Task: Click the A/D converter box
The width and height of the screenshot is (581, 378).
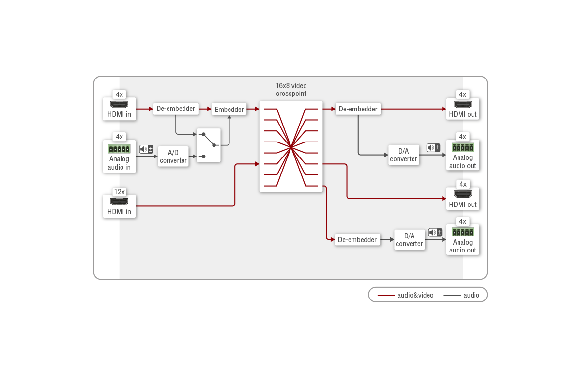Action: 173,156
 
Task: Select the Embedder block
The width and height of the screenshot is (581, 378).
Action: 229,109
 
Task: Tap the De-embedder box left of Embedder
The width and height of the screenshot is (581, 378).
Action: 176,109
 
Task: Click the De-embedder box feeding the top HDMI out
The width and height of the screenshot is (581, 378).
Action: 358,109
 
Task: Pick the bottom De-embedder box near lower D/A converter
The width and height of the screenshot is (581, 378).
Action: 357,239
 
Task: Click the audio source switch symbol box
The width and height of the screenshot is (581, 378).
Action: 209,145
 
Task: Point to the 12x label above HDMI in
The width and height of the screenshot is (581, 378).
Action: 119,192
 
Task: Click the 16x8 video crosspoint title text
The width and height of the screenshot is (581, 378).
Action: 291,90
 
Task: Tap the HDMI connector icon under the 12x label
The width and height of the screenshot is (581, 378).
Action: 119,202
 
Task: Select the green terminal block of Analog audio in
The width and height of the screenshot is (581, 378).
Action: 119,149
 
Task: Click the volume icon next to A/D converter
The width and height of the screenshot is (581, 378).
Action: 146,149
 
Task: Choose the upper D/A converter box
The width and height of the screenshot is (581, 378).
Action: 403,155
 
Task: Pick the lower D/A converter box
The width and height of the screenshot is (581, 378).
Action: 409,239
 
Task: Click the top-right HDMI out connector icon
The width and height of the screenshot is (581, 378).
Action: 463,105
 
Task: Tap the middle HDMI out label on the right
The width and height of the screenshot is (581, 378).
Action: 463,205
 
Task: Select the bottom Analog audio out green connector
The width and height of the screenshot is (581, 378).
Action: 463,232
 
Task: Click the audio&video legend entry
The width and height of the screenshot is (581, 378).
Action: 406,295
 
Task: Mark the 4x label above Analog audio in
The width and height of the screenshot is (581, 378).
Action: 119,137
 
